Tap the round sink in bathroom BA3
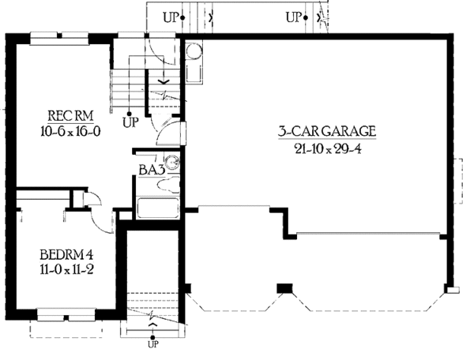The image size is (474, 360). click(173, 163)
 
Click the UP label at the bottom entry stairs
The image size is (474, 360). click(152, 344)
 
